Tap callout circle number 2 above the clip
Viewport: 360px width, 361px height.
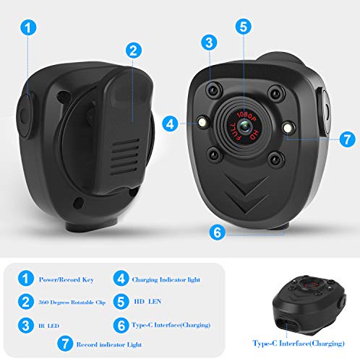pos(132,51)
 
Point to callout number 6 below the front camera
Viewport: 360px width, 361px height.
pos(214,232)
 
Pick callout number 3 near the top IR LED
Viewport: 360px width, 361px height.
pos(208,43)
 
